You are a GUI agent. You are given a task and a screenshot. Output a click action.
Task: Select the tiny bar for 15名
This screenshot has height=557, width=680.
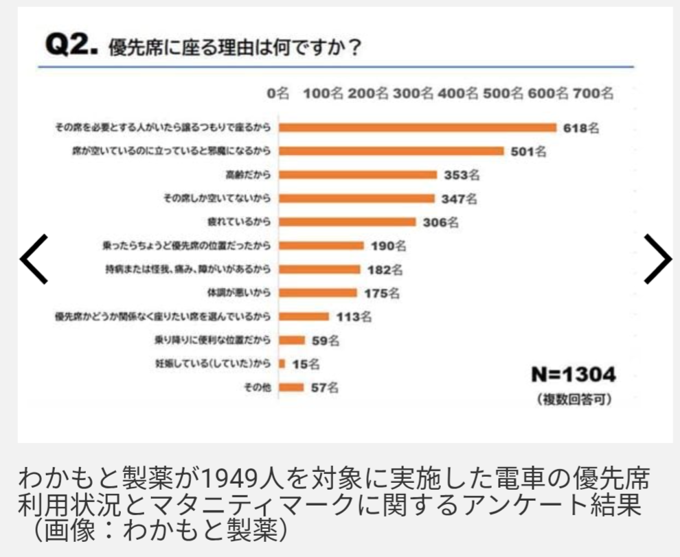[x=282, y=364]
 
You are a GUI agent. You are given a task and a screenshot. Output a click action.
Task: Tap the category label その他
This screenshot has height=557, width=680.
[x=260, y=388]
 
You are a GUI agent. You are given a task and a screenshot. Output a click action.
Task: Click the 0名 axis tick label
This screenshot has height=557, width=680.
[x=277, y=94]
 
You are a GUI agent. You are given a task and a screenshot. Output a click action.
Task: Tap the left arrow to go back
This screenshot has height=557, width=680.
[x=34, y=259]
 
